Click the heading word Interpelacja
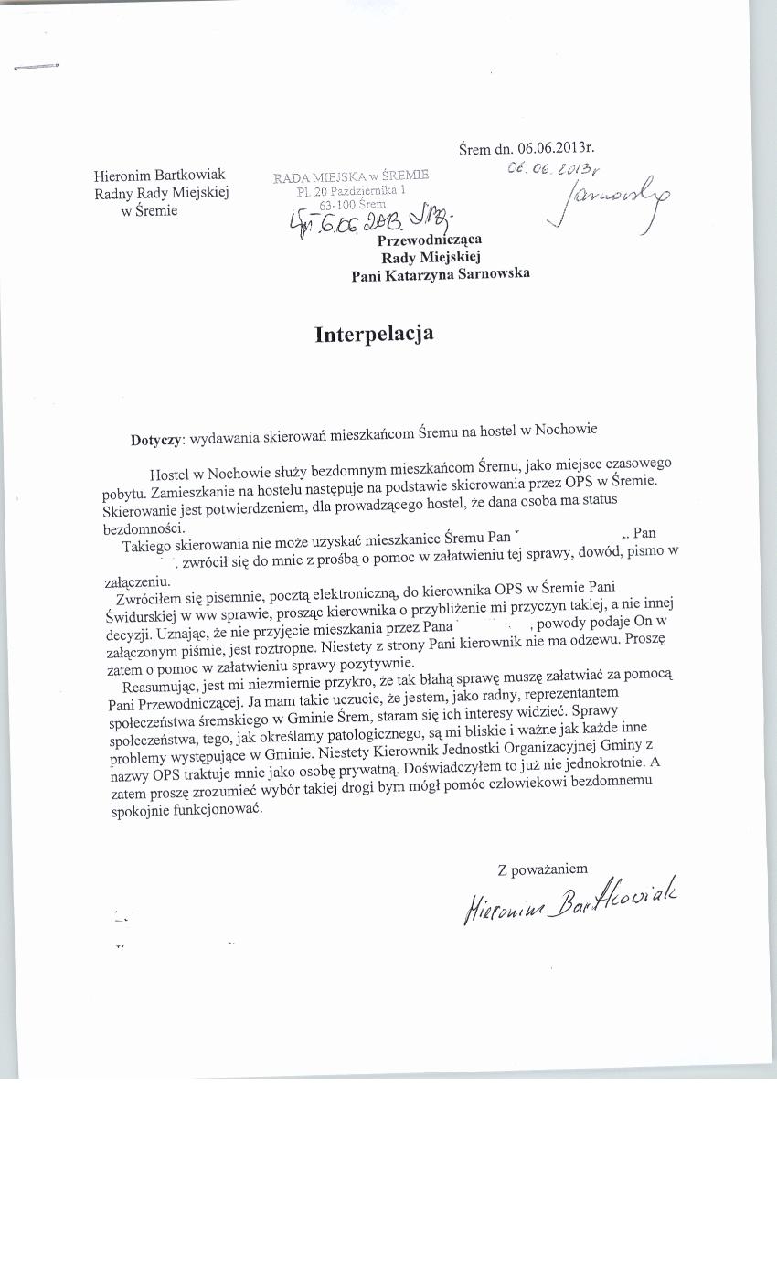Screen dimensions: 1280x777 (x=374, y=334)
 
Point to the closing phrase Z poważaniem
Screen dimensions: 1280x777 (x=542, y=869)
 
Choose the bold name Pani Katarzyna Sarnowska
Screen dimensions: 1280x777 (x=440, y=273)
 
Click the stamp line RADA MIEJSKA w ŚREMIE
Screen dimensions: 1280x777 (x=350, y=176)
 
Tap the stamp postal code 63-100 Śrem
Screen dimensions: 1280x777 (x=352, y=205)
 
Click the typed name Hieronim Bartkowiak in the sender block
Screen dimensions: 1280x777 (x=159, y=175)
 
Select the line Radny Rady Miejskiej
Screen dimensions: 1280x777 (x=161, y=192)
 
